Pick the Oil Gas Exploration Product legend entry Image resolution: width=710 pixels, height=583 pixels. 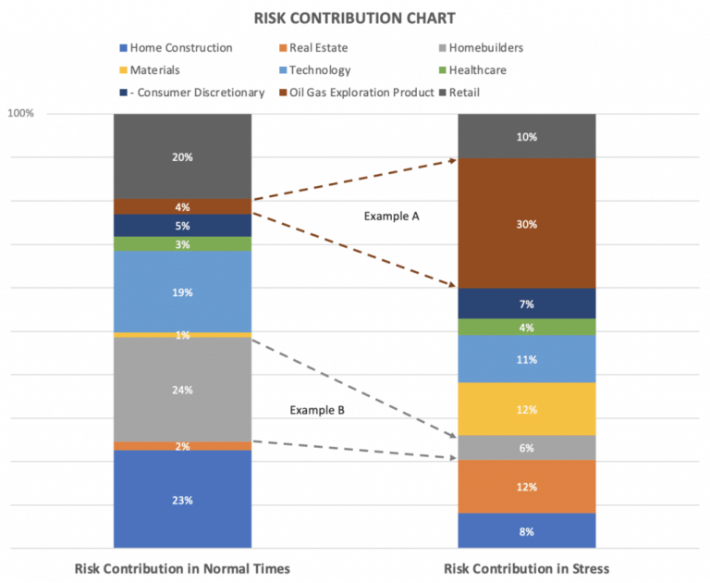(x=361, y=92)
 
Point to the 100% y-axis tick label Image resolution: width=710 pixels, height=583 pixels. (x=21, y=113)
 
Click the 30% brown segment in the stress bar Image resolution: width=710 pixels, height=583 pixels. (x=527, y=223)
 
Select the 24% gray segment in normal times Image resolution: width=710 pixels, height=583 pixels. (x=182, y=390)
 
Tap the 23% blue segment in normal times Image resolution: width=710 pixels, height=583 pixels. (x=182, y=500)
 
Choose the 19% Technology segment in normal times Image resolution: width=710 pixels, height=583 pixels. (x=182, y=291)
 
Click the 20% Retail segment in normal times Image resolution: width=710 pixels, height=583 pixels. (x=182, y=156)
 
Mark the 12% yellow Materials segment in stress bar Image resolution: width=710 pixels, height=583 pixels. (x=527, y=409)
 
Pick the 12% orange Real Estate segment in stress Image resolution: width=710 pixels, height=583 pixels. (x=527, y=487)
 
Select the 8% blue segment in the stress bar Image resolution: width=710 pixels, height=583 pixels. (x=527, y=530)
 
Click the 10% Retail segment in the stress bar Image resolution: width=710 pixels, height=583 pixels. (x=527, y=136)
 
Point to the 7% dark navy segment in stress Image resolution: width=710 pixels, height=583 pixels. (x=527, y=304)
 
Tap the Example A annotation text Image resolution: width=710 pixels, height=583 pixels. (x=391, y=216)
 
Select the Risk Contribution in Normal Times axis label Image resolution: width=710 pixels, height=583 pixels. (x=182, y=567)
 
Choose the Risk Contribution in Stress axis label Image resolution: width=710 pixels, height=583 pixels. (x=527, y=567)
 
